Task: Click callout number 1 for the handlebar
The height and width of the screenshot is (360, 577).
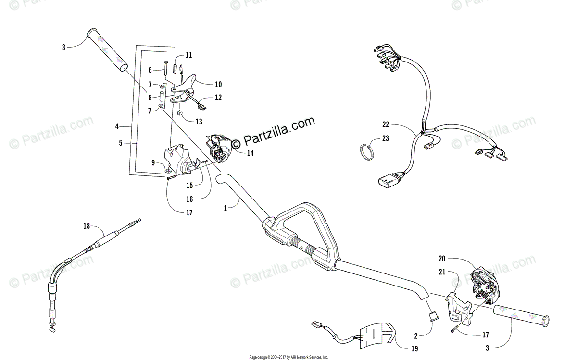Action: (x=225, y=208)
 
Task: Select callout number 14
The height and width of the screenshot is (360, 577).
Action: (x=250, y=153)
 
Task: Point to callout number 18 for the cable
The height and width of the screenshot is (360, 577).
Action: (x=86, y=225)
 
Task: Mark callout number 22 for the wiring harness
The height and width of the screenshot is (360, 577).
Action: (x=385, y=124)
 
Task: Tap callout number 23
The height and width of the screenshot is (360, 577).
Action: (x=385, y=138)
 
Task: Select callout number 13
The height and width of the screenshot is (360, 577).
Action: (x=199, y=122)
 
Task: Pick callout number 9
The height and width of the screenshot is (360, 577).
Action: (x=153, y=163)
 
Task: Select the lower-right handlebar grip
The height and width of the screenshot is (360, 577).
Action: (x=522, y=315)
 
